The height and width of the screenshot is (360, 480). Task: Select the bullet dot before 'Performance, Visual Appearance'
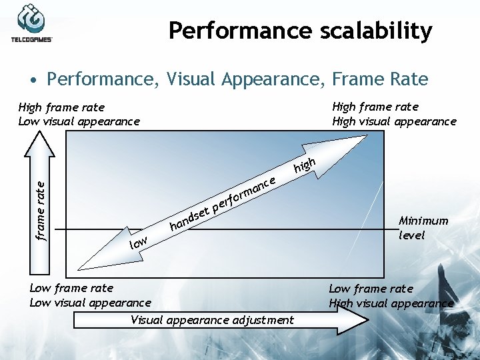33,81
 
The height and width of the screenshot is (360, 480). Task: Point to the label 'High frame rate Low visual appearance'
79,114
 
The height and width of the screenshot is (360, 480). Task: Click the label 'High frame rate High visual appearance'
394,114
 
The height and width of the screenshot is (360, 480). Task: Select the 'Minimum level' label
423,227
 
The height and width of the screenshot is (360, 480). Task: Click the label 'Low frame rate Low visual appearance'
90,295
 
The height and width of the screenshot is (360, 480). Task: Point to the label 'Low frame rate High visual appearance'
391,295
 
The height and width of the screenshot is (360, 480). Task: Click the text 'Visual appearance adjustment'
212,320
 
